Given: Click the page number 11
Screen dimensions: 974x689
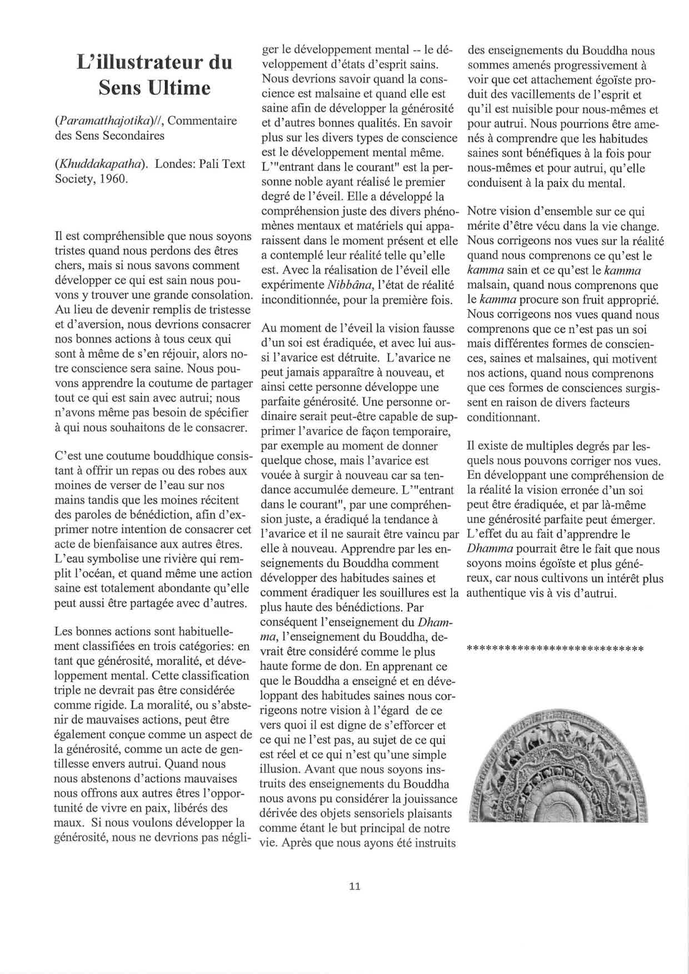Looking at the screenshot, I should (x=355, y=886).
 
